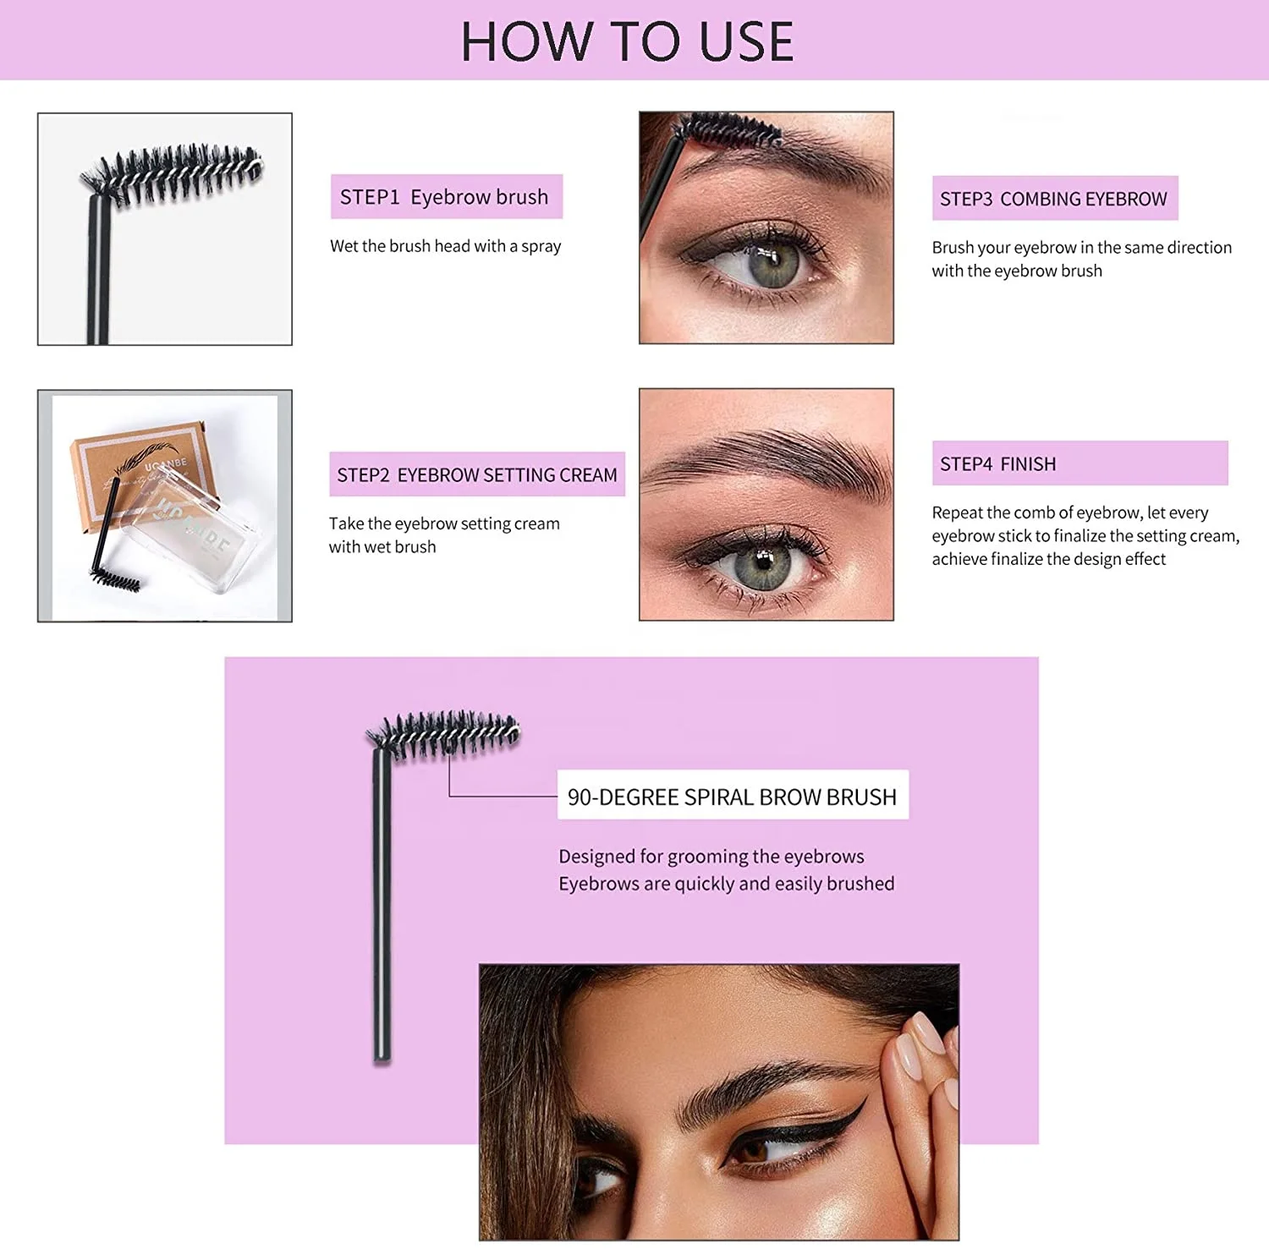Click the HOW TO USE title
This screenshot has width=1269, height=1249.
[x=627, y=41]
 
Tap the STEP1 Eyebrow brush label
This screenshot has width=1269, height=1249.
[x=445, y=197]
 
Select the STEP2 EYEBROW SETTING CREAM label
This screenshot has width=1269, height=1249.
[x=476, y=474]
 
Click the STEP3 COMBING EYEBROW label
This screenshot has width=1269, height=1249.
[x=1053, y=199]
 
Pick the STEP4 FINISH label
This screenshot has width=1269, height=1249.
[x=998, y=463]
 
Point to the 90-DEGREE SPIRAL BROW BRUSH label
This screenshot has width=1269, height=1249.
[x=732, y=796]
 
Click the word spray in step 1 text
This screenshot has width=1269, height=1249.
[x=541, y=246]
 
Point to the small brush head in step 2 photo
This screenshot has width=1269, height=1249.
[x=116, y=580]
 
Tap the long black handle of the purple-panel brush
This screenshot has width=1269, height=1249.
[x=382, y=905]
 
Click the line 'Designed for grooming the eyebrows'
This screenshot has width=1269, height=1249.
[x=711, y=856]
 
